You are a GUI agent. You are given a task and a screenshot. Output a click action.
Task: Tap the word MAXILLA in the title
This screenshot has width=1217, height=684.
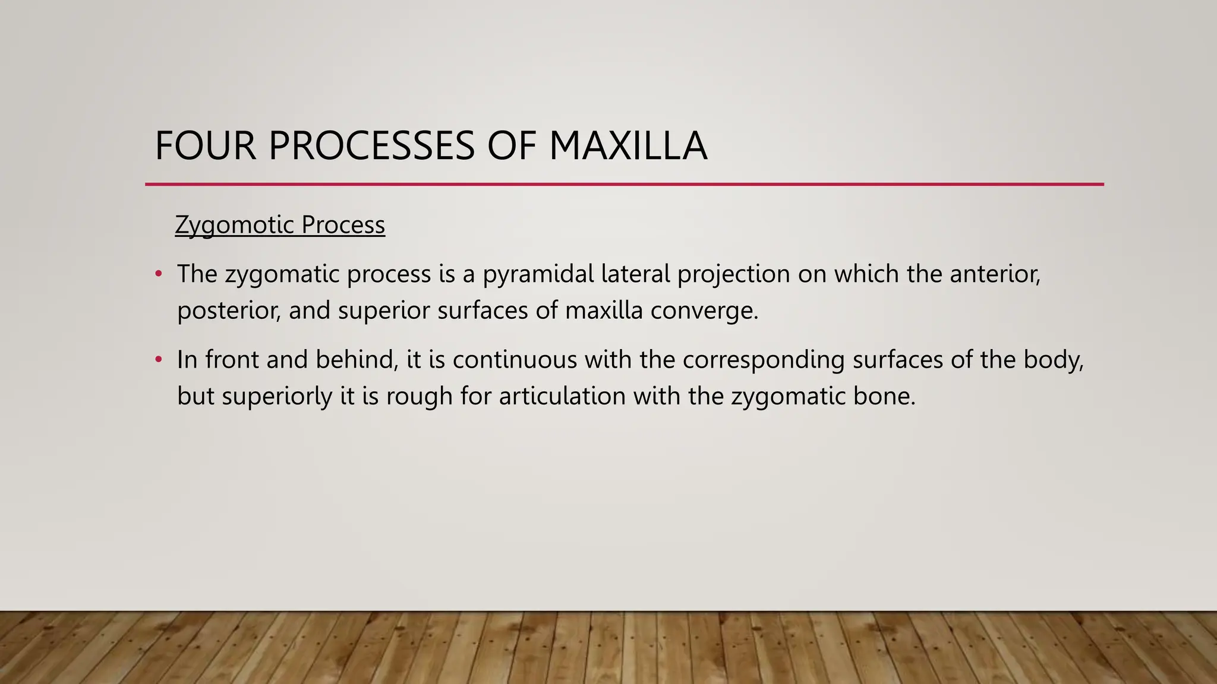[x=628, y=146]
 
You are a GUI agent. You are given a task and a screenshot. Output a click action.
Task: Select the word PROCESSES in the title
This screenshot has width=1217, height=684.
[x=371, y=146]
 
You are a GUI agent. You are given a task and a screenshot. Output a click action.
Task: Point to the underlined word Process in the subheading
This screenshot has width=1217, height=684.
[x=343, y=225]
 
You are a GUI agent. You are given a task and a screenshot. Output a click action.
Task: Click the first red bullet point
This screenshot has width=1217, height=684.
[x=158, y=274]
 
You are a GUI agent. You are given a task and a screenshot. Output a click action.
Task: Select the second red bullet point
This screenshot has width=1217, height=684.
[x=158, y=360]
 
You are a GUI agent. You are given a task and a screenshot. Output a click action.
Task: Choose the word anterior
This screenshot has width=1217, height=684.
[x=995, y=274]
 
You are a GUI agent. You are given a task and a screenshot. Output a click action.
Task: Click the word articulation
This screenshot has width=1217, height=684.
[x=562, y=396]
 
